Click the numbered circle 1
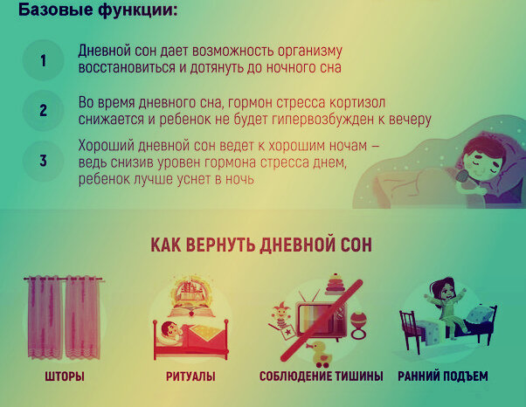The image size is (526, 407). click(x=44, y=60)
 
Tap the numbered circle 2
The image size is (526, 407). click(x=44, y=110)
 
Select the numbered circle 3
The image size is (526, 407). click(x=44, y=161)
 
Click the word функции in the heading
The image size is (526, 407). click(x=137, y=10)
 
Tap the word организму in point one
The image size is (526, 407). click(x=310, y=52)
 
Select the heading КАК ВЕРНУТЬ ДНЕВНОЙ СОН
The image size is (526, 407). click(x=261, y=245)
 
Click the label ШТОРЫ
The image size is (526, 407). click(x=65, y=376)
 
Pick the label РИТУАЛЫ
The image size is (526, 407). click(x=190, y=376)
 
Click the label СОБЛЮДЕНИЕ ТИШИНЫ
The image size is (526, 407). click(x=321, y=376)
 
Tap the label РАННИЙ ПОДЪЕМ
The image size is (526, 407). click(x=443, y=376)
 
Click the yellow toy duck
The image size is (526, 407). click(x=322, y=355)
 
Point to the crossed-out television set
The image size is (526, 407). click(x=322, y=320)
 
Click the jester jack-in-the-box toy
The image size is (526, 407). click(x=282, y=321)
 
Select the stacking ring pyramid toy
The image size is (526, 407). click(x=336, y=284)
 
